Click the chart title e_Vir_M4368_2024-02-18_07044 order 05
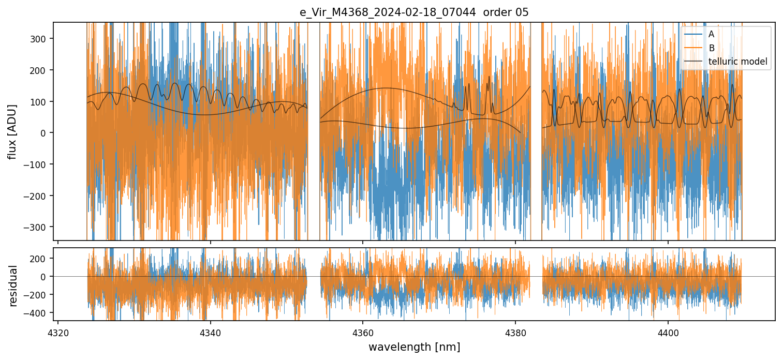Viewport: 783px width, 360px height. coord(414,12)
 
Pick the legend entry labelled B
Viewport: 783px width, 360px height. coord(711,49)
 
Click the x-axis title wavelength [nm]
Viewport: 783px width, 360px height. coord(414,347)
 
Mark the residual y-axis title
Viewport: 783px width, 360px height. coord(13,286)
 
